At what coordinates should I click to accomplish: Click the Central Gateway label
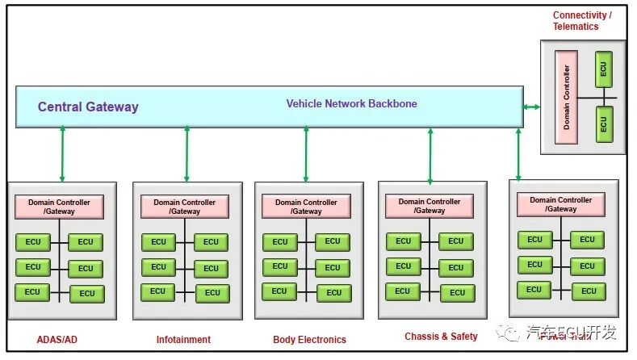click(x=88, y=107)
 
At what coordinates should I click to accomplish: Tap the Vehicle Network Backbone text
click(x=351, y=104)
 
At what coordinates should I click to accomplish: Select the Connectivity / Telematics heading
click(x=581, y=21)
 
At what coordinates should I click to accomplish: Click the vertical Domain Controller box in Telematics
click(x=566, y=97)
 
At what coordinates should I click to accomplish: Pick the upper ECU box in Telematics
click(x=603, y=70)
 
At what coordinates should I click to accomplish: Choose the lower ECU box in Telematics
click(x=603, y=125)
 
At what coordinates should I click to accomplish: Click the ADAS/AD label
click(x=57, y=340)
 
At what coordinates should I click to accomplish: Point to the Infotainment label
click(x=183, y=340)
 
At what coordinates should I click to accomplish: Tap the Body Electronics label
click(x=309, y=340)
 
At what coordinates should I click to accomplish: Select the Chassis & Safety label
click(x=441, y=337)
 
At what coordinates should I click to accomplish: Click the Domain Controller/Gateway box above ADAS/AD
click(x=59, y=207)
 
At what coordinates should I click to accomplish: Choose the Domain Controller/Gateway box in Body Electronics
click(x=306, y=207)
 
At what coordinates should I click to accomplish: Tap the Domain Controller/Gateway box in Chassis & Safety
click(x=430, y=206)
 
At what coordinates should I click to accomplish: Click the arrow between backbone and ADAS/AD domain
click(x=62, y=154)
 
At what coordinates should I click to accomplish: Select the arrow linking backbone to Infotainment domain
click(x=186, y=154)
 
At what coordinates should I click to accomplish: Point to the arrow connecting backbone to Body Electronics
click(x=306, y=154)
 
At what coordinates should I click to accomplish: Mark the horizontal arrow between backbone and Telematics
click(x=530, y=107)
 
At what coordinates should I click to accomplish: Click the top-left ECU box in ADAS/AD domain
click(x=33, y=241)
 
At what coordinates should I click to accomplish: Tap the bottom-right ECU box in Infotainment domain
click(x=211, y=293)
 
